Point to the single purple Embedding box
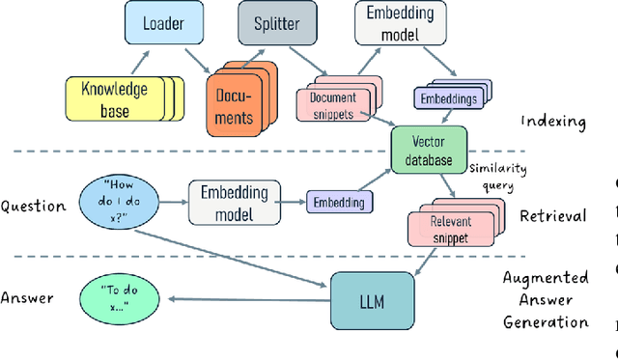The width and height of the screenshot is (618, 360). coord(338,203)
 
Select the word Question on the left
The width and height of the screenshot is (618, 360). coord(33,206)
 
